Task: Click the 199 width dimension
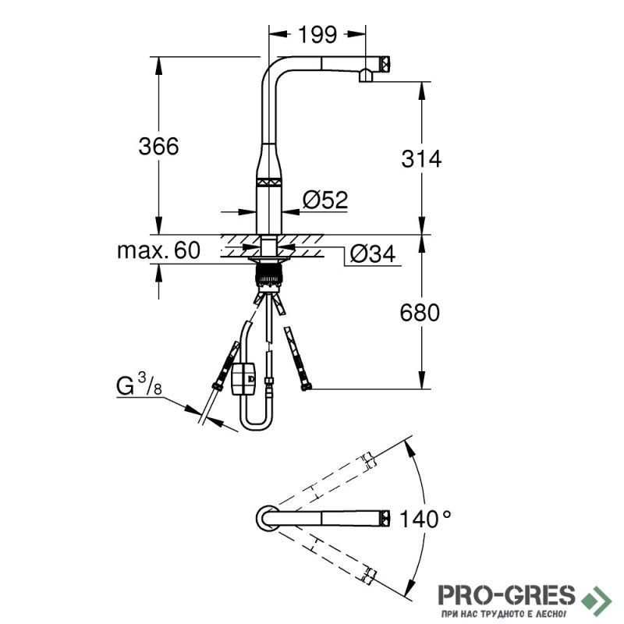pyautogui.click(x=317, y=34)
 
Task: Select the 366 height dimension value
pyautogui.click(x=158, y=146)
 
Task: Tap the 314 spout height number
pyautogui.click(x=421, y=159)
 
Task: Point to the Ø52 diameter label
pyautogui.click(x=325, y=200)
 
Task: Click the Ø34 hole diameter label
pyautogui.click(x=373, y=254)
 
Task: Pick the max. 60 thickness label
pyautogui.click(x=159, y=250)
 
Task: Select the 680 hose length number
pyautogui.click(x=420, y=313)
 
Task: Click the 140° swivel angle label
pyautogui.click(x=425, y=519)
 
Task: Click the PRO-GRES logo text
pyautogui.click(x=506, y=595)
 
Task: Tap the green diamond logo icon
pyautogui.click(x=596, y=598)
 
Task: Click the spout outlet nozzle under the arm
pyautogui.click(x=366, y=76)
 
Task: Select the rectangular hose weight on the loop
pyautogui.click(x=243, y=378)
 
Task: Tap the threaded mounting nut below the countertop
pyautogui.click(x=269, y=275)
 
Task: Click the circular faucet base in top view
pyautogui.click(x=268, y=518)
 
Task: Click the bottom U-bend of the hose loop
pyautogui.click(x=257, y=423)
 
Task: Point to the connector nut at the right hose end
pyautogui.click(x=306, y=385)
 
